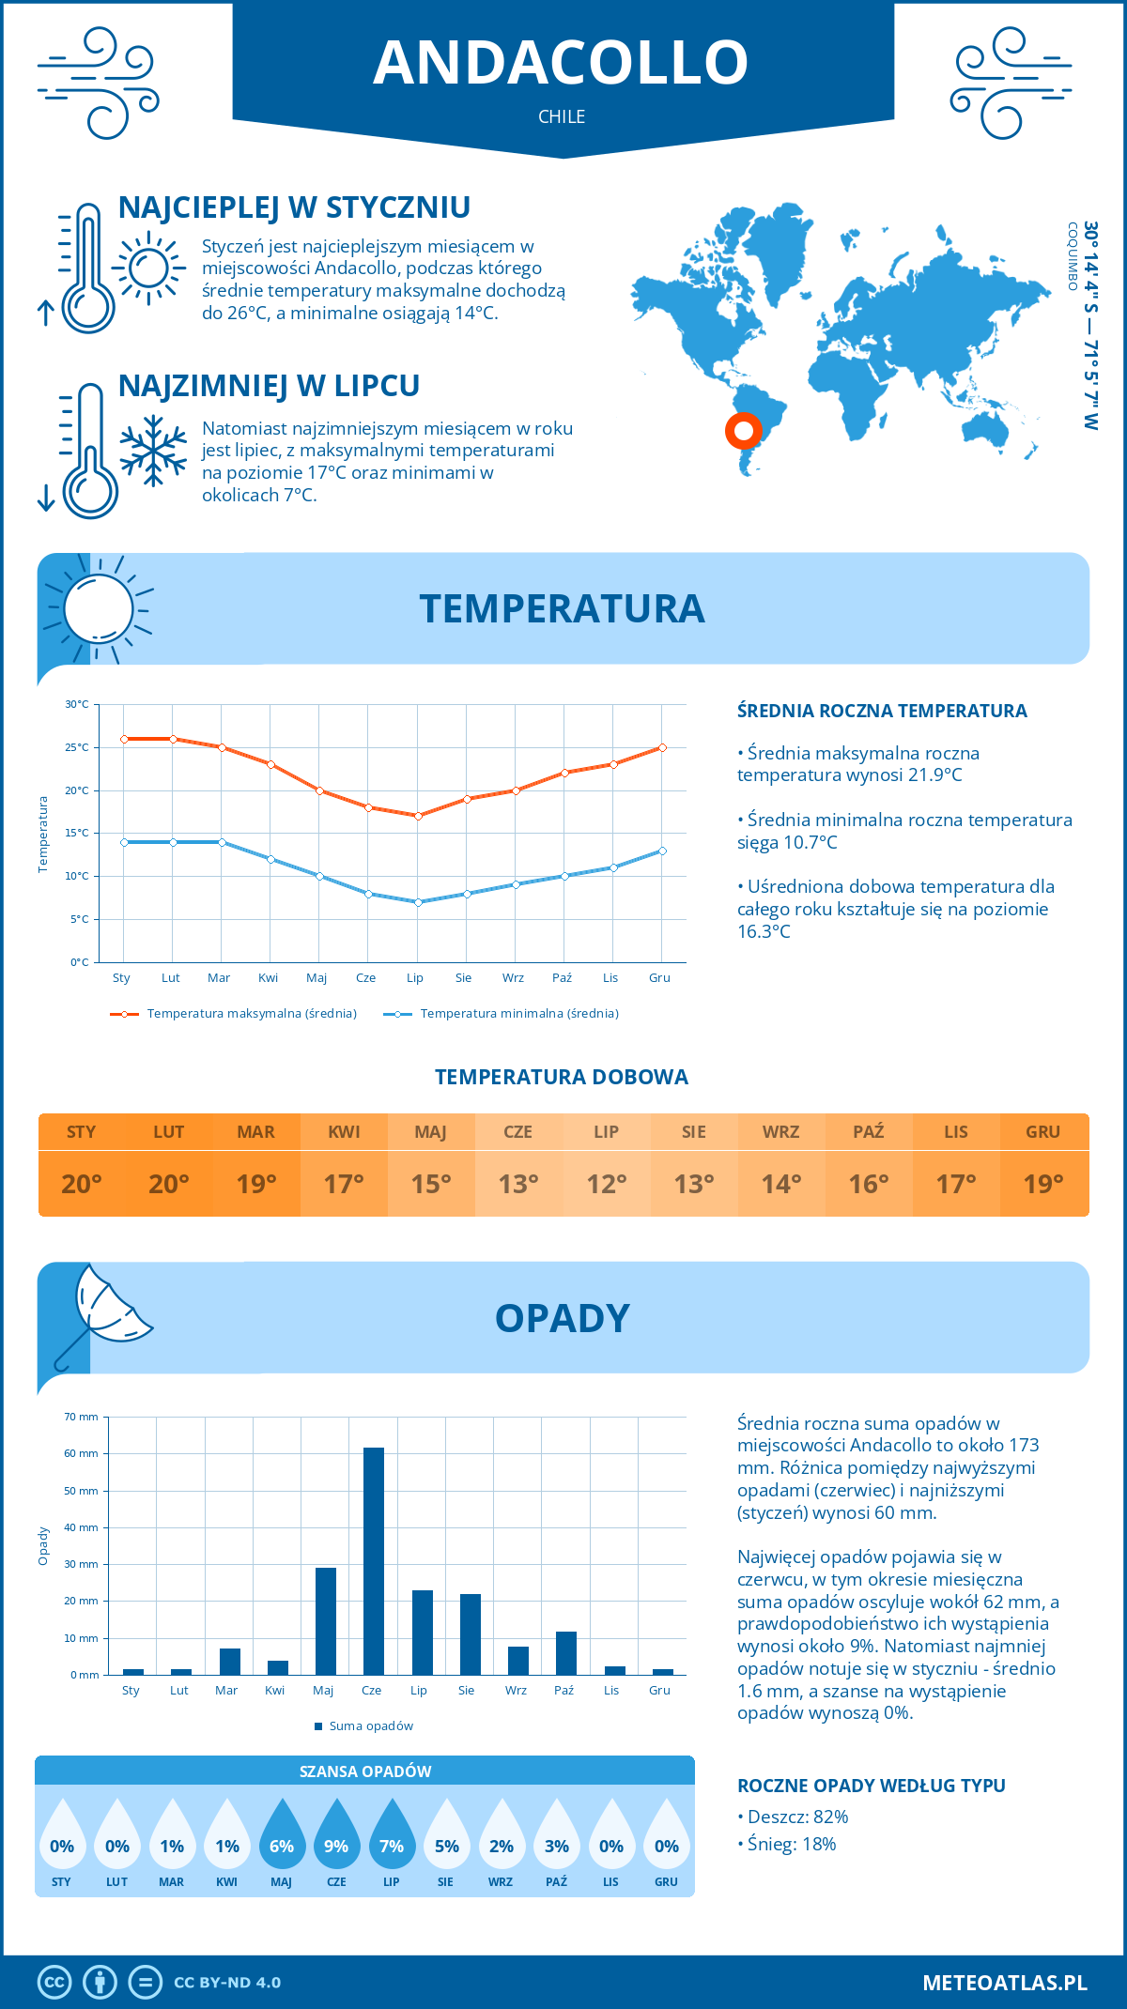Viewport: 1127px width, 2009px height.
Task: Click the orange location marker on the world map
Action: tap(743, 431)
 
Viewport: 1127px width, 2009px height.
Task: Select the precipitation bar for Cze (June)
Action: tap(373, 1560)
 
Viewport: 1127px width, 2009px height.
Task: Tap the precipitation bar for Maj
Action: tap(325, 1620)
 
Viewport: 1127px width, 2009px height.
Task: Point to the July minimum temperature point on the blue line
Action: tap(418, 902)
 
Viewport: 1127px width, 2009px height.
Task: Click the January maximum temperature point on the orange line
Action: tap(124, 739)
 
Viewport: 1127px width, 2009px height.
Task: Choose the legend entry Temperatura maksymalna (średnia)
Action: tap(234, 1014)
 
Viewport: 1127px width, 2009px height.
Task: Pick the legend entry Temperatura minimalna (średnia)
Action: tap(502, 1014)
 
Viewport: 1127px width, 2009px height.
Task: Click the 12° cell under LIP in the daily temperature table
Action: tap(606, 1184)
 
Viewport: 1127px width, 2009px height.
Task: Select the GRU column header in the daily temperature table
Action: tap(1042, 1132)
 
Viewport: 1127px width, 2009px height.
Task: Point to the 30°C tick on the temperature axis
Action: tap(77, 704)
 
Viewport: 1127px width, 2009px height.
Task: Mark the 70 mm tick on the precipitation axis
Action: tap(81, 1417)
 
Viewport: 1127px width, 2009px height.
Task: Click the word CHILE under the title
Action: tap(562, 116)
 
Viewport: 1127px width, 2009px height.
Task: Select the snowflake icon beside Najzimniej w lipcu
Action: tap(153, 451)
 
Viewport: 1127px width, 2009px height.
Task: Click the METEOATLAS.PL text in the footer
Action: tap(1004, 1983)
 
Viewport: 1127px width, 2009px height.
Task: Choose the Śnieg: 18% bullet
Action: tap(787, 1844)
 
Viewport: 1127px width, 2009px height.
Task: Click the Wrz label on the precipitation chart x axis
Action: tap(516, 1690)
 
